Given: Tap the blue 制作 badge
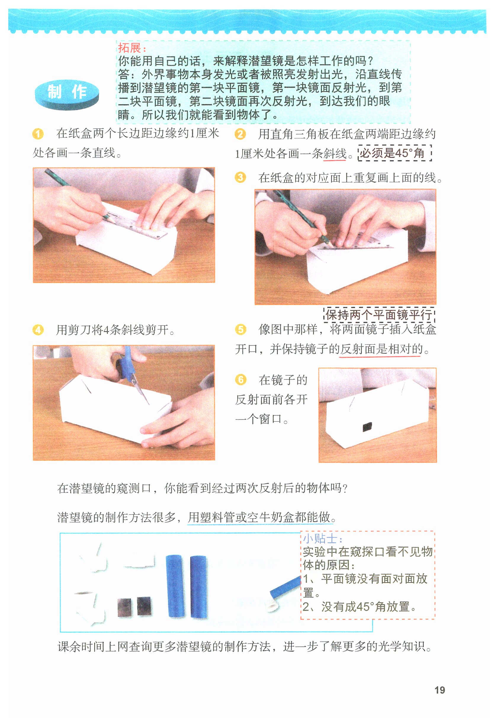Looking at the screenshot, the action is pos(67,94).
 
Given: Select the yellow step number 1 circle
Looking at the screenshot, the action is pos(38,134).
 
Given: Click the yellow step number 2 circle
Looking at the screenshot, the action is pos(240,134).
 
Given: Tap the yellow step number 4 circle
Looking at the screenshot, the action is pos(38,330).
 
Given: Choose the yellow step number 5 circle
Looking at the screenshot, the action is pos(240,329).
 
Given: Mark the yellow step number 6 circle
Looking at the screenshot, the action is pos(240,380).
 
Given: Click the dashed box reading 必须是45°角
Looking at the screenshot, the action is pos(395,153).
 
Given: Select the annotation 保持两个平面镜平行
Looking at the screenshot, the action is pos(379,314).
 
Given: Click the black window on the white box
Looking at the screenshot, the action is pos(368,427).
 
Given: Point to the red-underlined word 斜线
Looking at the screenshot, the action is pos(335,153).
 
